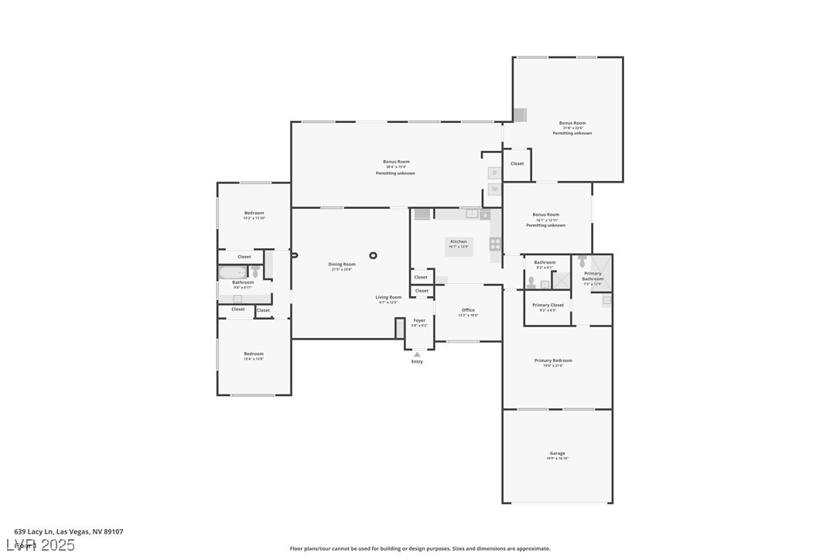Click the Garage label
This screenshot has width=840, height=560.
point(557,453)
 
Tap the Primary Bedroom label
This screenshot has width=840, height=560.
point(553,360)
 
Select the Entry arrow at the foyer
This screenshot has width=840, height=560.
point(417,354)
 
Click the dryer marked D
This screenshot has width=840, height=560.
point(494,172)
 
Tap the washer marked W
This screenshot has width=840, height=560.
point(494,190)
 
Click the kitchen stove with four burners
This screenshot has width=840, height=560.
point(495,244)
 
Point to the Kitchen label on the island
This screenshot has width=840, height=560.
point(459,241)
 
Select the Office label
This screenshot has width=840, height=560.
point(468,310)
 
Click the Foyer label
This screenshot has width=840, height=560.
point(419,320)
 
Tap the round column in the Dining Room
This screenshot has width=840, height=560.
point(374,255)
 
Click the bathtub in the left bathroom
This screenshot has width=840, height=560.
point(232,272)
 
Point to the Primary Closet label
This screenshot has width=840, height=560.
point(548,305)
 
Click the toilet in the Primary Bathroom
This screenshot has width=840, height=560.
point(582,261)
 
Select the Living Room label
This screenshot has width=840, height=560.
point(388,297)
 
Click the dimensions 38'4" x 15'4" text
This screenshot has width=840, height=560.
point(396,167)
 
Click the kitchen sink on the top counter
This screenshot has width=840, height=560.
point(472,213)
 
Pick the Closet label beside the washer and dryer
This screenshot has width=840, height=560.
point(517,163)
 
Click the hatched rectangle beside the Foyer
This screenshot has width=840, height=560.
point(400,328)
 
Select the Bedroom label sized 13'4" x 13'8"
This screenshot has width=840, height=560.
point(254,353)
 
